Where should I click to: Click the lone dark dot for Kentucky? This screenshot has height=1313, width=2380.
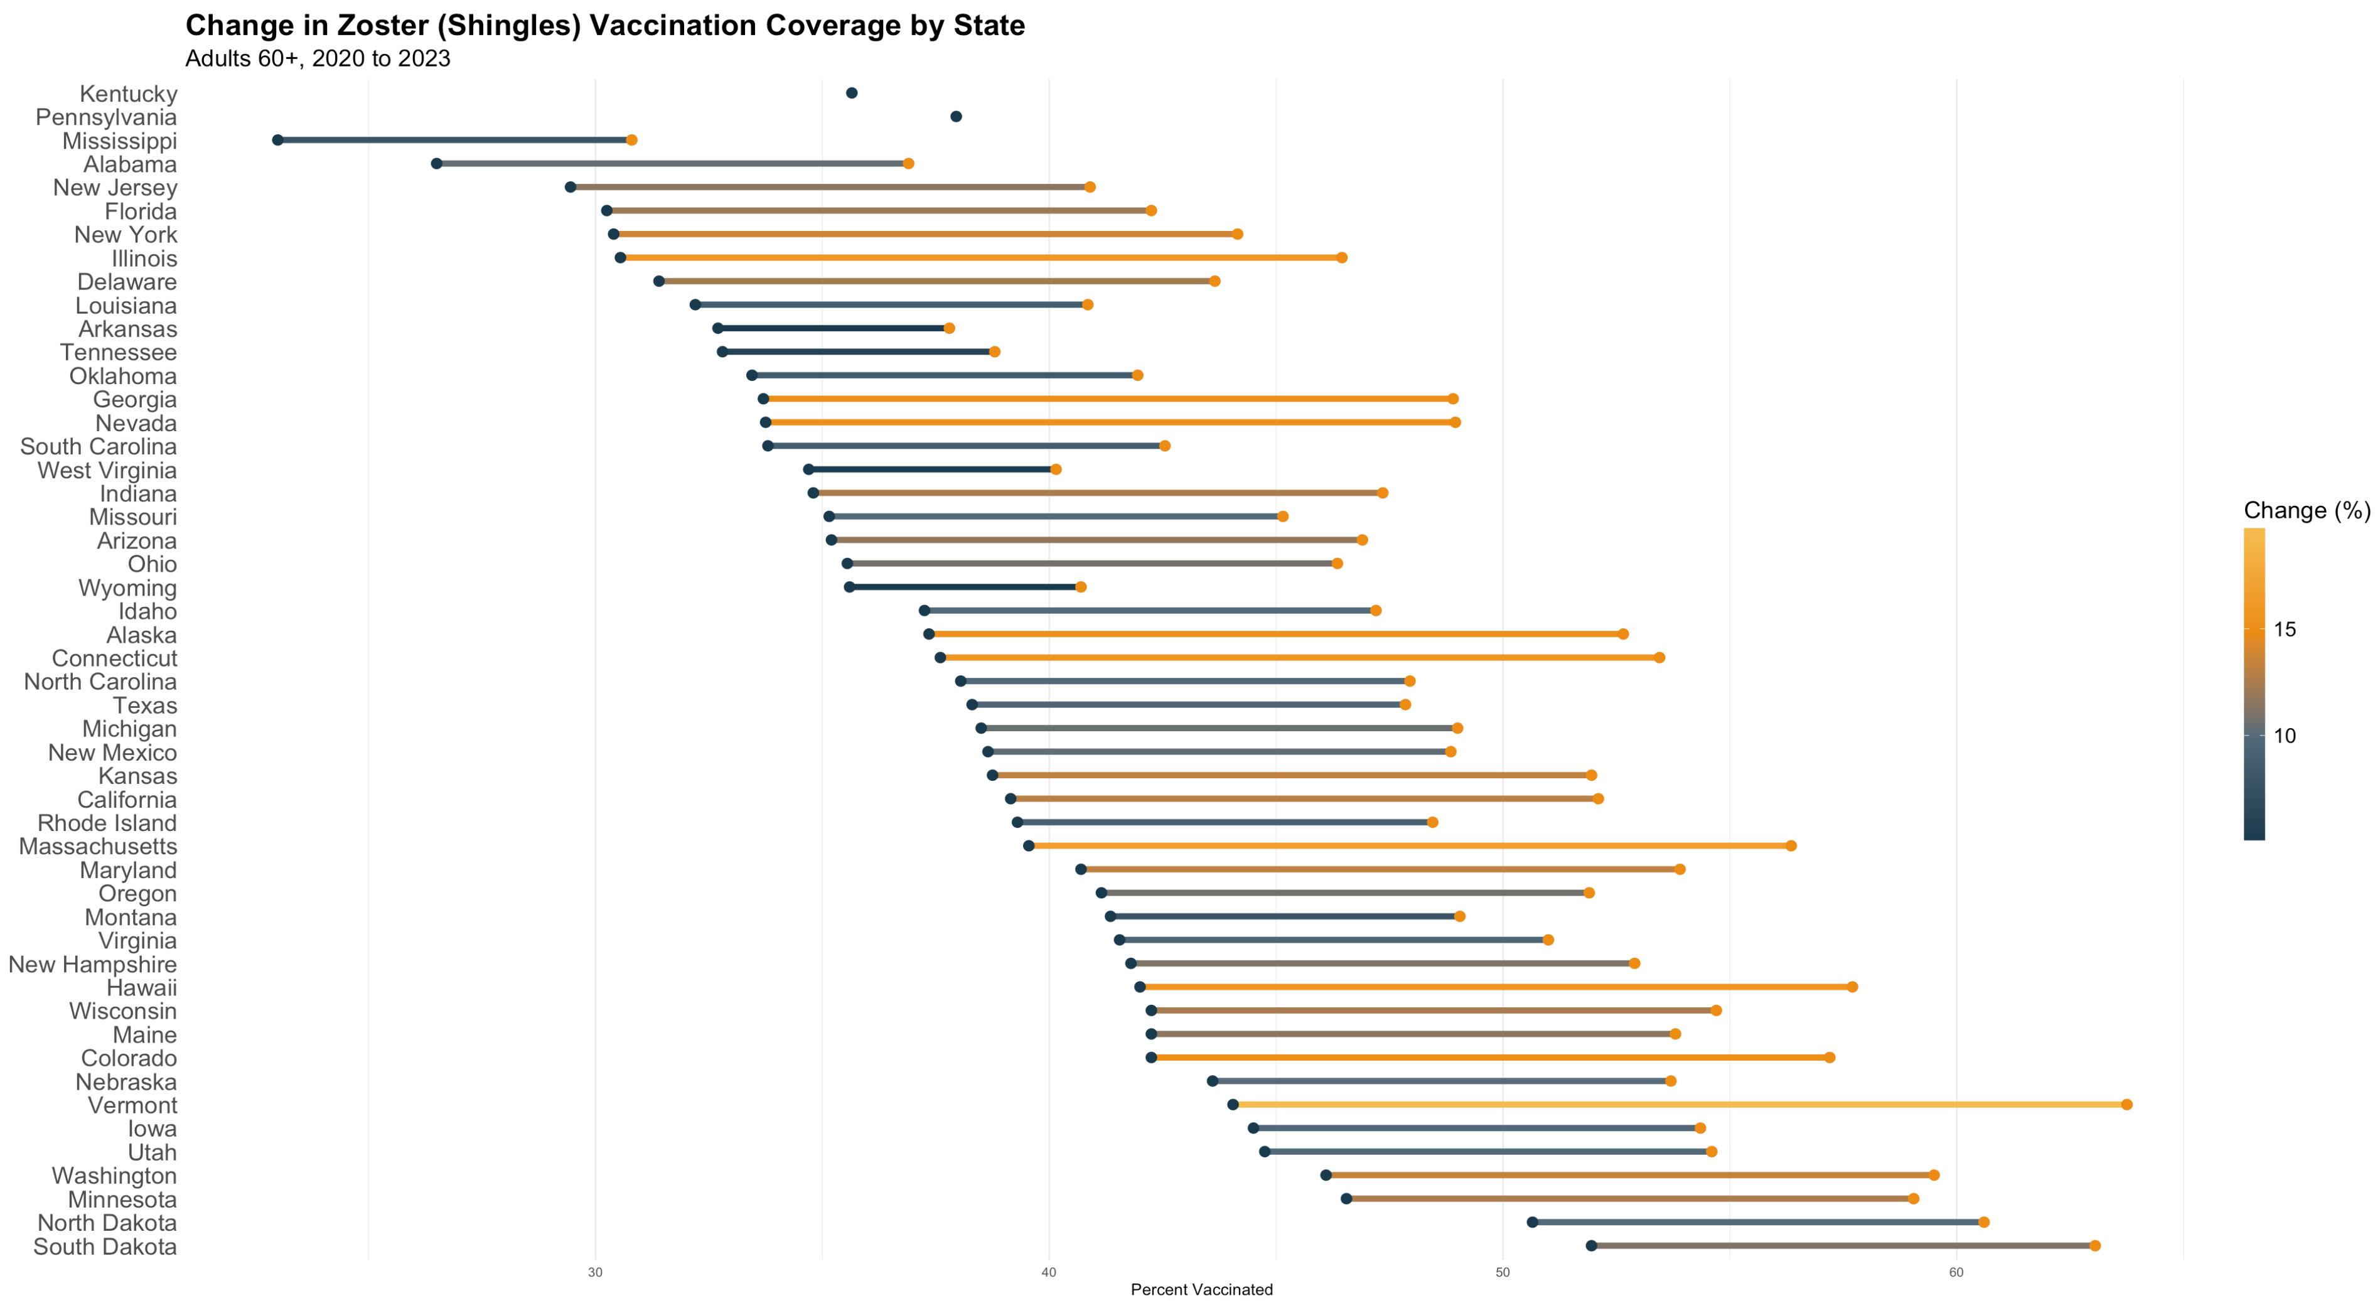[x=852, y=94]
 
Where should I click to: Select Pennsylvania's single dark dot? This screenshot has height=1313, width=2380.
[x=957, y=116]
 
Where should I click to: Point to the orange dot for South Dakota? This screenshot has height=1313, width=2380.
[x=2094, y=1246]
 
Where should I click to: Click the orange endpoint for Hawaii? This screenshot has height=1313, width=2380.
[x=1852, y=987]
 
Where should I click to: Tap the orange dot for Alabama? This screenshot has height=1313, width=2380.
[x=908, y=164]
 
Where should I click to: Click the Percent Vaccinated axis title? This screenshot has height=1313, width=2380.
[x=1201, y=1290]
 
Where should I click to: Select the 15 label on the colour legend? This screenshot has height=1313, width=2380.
[x=2285, y=630]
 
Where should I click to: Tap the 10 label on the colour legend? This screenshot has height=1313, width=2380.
[x=2285, y=736]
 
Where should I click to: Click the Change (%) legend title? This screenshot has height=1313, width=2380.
[x=2306, y=510]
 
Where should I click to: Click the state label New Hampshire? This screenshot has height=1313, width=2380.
[x=92, y=964]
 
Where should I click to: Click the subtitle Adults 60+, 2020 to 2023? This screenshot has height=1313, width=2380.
[x=318, y=58]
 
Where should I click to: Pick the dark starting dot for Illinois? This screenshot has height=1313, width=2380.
[x=621, y=258]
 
